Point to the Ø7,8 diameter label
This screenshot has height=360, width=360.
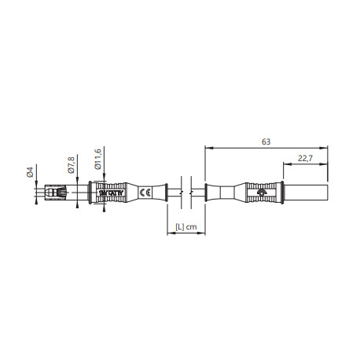[68, 165]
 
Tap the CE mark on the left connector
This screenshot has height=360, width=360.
[145, 192]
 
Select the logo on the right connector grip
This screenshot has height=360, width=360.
[262, 192]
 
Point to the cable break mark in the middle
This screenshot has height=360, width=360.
[182, 192]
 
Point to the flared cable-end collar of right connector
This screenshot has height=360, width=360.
[211, 192]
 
